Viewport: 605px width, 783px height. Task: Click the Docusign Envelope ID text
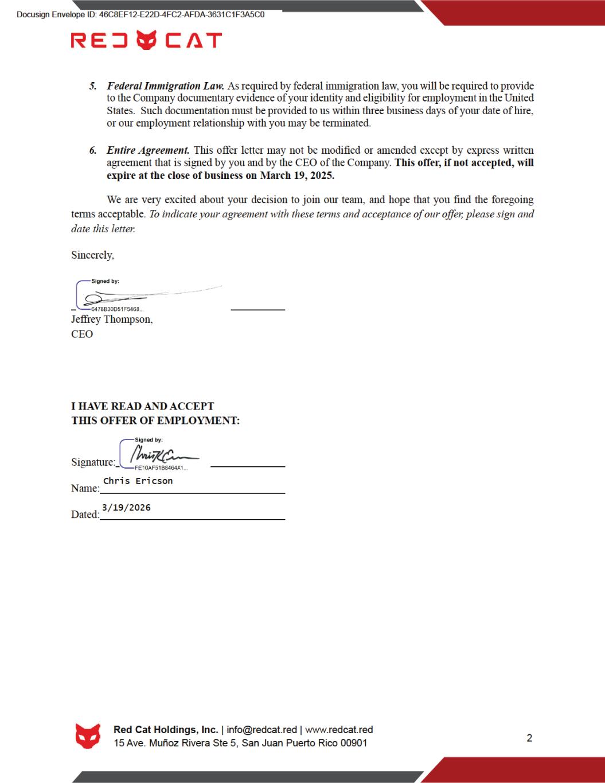pos(140,14)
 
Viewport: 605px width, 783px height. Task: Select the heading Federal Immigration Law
pos(165,86)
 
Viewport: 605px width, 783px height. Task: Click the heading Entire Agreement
pos(148,150)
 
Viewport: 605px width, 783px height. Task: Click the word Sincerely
pos(92,255)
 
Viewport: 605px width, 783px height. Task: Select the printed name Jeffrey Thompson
pos(112,320)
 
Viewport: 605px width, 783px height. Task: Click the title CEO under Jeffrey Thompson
pos(82,334)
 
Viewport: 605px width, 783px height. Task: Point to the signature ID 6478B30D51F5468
pos(117,310)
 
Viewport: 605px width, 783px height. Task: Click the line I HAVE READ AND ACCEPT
pos(142,406)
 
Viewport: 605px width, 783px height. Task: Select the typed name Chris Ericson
pos(138,481)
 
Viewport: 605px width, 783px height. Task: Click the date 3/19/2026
pos(126,507)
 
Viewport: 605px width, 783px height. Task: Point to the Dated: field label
pos(85,515)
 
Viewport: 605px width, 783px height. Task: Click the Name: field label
pos(85,488)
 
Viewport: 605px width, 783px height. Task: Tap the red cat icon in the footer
pos(88,736)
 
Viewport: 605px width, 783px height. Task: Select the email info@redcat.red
pos(262,730)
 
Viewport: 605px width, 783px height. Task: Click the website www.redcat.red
pos(339,730)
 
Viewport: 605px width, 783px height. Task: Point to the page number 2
pos(529,738)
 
